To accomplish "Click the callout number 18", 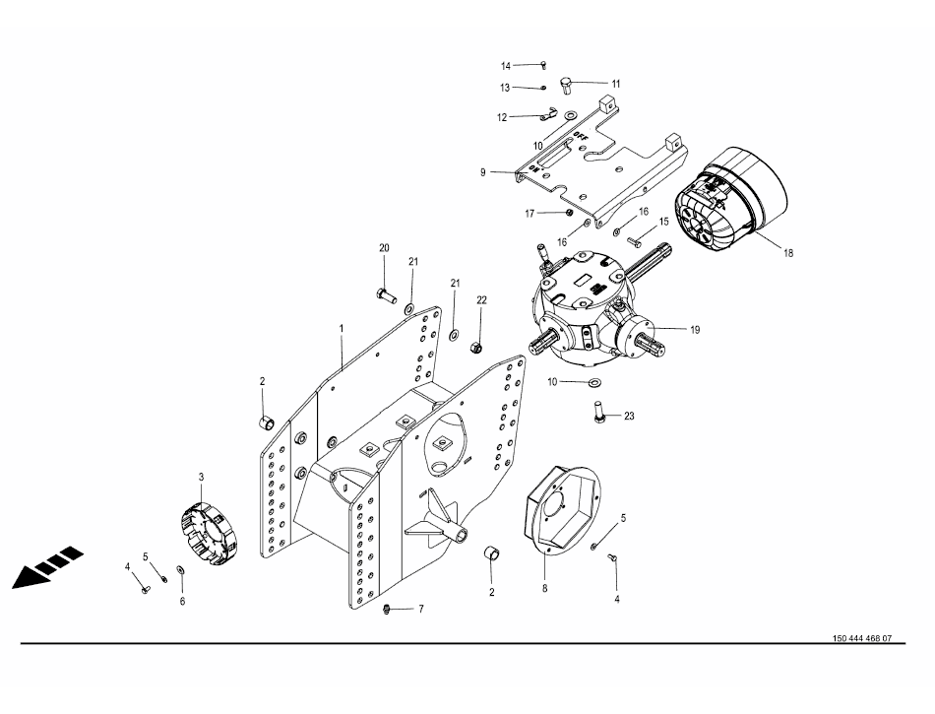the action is pyautogui.click(x=788, y=253).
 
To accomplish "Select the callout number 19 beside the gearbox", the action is pyautogui.click(x=695, y=330).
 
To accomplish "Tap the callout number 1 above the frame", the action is pyautogui.click(x=342, y=329).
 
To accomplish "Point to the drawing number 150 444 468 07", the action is pyautogui.click(x=862, y=638).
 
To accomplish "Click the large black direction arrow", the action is pyautogui.click(x=47, y=566).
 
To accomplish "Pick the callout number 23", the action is pyautogui.click(x=629, y=417).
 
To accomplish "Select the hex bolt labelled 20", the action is pyautogui.click(x=387, y=294).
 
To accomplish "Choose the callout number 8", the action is pyautogui.click(x=544, y=589).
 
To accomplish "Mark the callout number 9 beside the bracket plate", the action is pyautogui.click(x=483, y=172).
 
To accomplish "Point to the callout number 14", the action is pyautogui.click(x=506, y=66).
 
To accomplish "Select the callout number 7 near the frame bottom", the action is pyautogui.click(x=421, y=609).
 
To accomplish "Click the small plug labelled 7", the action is pyautogui.click(x=386, y=609).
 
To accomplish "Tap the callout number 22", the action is pyautogui.click(x=482, y=300).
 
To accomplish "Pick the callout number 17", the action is pyautogui.click(x=530, y=214).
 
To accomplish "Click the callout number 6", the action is pyautogui.click(x=182, y=602).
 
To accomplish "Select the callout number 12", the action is pyautogui.click(x=502, y=117).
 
